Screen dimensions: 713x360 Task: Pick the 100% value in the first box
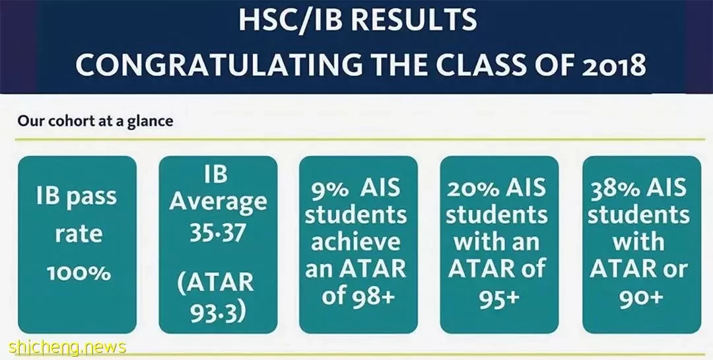79,273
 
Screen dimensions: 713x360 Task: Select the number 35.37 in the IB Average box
218,233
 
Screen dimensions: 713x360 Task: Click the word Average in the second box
219,203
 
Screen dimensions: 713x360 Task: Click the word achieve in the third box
356,242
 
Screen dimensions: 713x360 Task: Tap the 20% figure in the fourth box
471,188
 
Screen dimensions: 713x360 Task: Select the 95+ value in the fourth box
499,298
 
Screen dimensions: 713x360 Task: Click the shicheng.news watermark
67,347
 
